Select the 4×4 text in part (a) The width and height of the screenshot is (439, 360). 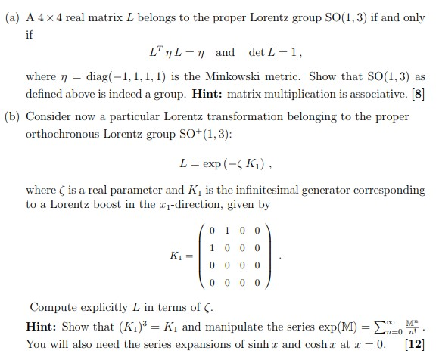[48, 17]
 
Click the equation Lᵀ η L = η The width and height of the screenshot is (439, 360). [182, 53]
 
